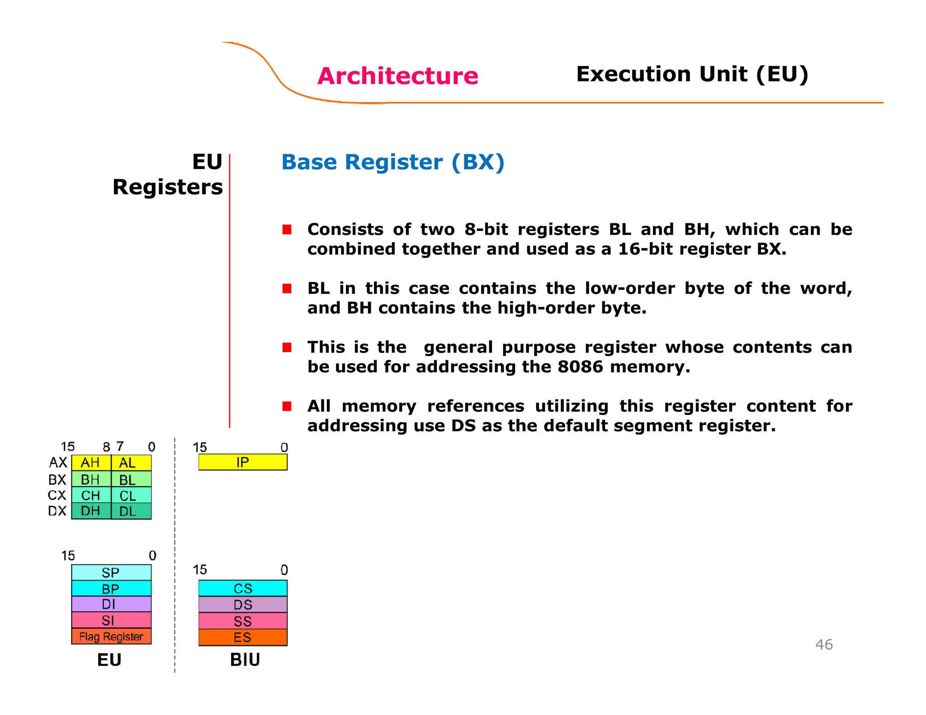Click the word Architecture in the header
(397, 76)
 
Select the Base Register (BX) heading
(392, 162)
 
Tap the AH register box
(91, 463)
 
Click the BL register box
(131, 480)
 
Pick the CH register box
(91, 495)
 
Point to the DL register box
(131, 512)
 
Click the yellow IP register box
(243, 462)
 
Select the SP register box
(111, 573)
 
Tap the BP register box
(111, 588)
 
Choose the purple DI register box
(111, 604)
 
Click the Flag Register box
(111, 636)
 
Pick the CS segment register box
(243, 588)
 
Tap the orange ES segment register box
(243, 637)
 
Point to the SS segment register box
(243, 621)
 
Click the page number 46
(824, 644)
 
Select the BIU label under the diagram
(245, 660)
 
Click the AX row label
(58, 463)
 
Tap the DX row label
(57, 511)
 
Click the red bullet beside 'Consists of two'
(287, 230)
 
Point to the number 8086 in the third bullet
(580, 367)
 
